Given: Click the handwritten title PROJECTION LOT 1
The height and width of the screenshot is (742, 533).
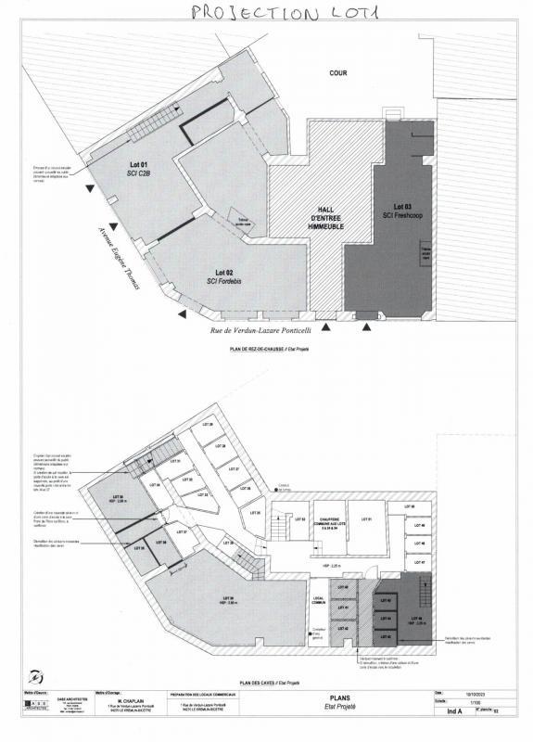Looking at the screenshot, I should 268,12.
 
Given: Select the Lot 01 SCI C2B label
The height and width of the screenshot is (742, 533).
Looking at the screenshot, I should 138,169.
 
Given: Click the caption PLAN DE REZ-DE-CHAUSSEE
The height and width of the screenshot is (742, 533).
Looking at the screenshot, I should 268,351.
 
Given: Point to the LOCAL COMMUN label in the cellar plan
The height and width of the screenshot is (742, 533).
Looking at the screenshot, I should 318,602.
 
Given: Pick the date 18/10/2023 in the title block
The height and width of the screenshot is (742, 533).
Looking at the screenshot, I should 473,693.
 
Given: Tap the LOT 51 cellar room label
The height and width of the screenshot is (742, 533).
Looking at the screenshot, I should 367,519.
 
